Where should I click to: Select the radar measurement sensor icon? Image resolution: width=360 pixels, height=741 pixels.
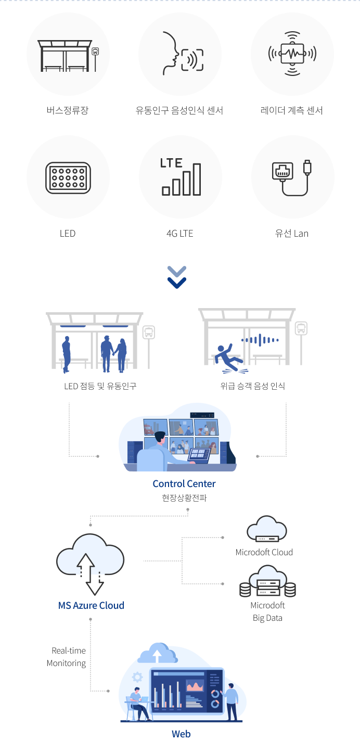coord(292,54)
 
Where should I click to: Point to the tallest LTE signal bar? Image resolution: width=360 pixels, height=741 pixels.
coord(197,180)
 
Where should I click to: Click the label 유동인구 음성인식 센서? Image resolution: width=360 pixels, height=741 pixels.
coord(179,110)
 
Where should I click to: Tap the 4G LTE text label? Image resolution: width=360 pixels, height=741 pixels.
coord(179,233)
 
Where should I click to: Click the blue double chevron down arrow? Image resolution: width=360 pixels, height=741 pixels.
coord(177,277)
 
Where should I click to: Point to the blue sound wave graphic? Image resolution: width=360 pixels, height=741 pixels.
coord(260,341)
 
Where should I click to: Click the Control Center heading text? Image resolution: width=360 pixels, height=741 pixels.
coord(184,483)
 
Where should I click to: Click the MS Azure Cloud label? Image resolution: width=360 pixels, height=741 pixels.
coord(91,605)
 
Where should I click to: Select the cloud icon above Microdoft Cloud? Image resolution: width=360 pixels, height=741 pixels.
coord(267,529)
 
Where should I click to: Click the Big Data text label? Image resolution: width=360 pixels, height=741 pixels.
coord(267,618)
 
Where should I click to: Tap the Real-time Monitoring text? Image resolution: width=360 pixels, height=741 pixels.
coord(67,657)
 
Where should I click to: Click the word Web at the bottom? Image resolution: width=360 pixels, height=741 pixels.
coord(181,734)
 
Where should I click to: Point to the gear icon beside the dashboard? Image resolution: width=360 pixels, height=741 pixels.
coord(137,677)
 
